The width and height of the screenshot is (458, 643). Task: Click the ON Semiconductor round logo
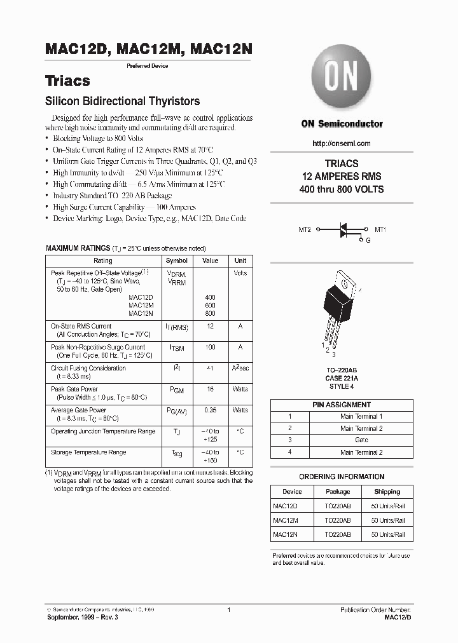342,81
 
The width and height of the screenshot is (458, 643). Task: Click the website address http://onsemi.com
342,144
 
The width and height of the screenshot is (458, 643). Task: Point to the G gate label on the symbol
368,241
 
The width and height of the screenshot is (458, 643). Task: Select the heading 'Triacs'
67,81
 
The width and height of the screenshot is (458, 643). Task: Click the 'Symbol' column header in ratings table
176,261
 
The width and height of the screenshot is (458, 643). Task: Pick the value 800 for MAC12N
210,313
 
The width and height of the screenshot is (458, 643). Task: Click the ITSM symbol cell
176,348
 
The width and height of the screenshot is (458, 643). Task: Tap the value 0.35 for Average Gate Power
210,410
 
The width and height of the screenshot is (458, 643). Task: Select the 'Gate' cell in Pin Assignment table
361,440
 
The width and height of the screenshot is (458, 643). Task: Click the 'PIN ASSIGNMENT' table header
342,404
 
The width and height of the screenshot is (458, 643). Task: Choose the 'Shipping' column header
387,492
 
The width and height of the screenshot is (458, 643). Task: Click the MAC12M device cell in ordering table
285,520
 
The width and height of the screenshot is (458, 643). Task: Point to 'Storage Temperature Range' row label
88,452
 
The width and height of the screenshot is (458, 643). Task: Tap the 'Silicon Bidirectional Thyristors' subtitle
122,101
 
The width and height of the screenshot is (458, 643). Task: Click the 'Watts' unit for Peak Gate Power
240,389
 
